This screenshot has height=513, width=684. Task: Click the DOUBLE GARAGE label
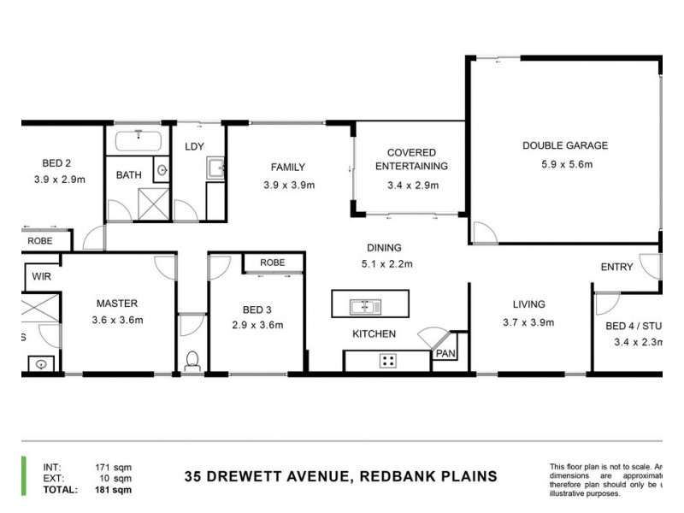point(564,145)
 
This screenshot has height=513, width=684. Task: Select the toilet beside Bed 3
point(192,358)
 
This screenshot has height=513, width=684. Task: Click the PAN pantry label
point(445,353)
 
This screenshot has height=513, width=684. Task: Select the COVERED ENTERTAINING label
point(411,159)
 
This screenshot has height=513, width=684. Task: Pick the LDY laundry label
point(194,146)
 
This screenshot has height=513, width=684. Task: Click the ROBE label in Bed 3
point(272,262)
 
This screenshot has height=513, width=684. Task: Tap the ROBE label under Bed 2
point(39,241)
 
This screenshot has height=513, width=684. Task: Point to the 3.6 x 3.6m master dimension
point(117,321)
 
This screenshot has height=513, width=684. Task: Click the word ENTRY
point(616,268)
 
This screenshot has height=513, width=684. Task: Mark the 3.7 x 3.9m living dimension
point(528,322)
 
